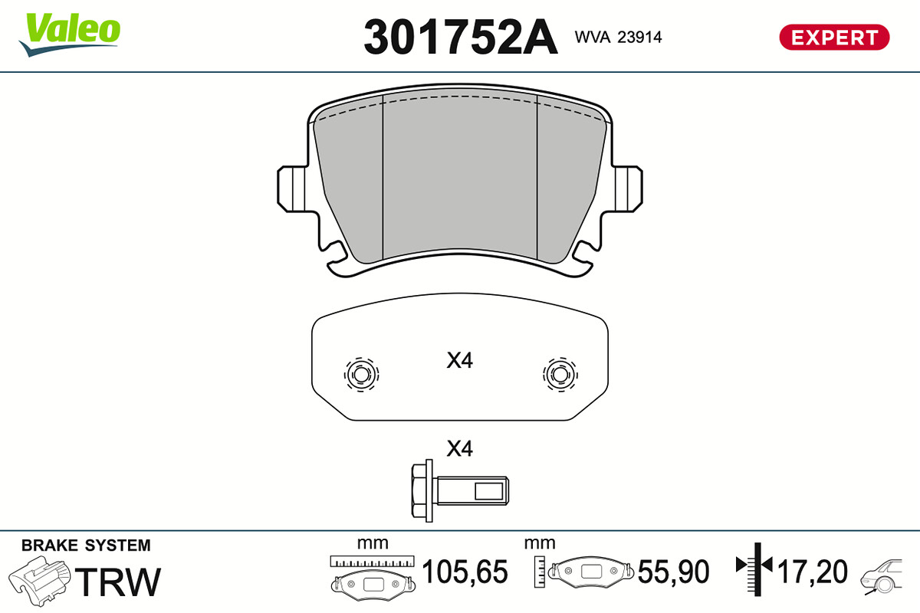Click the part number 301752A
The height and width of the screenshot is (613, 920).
click(461, 37)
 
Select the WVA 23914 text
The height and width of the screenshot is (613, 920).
click(618, 38)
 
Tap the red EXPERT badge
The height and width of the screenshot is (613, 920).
click(834, 38)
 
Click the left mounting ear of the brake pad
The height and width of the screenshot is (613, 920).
click(291, 188)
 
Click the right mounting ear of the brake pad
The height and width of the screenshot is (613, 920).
click(629, 188)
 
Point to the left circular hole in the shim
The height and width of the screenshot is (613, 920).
click(361, 375)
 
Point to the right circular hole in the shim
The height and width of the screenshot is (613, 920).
click(560, 375)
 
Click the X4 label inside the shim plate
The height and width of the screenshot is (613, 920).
click(459, 360)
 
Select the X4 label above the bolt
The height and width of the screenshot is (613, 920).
click(459, 449)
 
